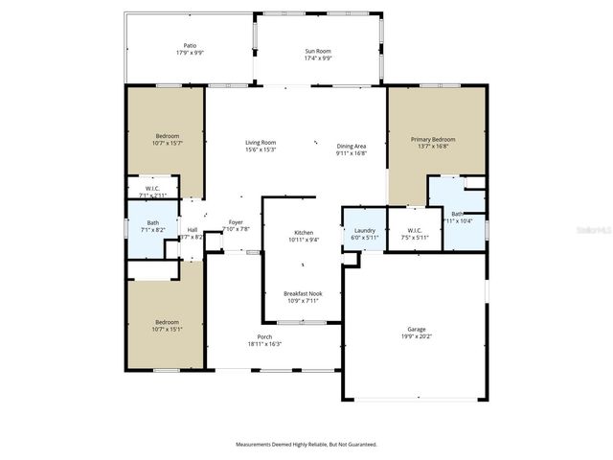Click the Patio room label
(190, 45)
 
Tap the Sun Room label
(318, 50)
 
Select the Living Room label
(261, 142)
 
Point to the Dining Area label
(351, 147)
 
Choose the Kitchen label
(303, 233)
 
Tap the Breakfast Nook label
(303, 293)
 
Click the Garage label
(416, 330)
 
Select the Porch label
(264, 336)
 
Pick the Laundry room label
(364, 230)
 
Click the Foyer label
(235, 222)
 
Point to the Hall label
(192, 230)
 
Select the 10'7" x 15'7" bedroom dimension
(168, 144)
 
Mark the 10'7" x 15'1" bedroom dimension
(167, 330)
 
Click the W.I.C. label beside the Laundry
(415, 230)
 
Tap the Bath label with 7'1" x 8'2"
(153, 223)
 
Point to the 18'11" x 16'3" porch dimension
(264, 343)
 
